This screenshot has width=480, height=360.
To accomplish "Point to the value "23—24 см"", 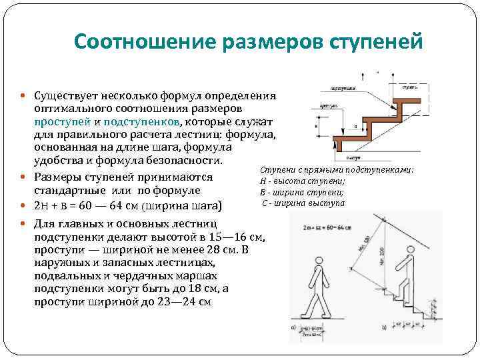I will (186, 301).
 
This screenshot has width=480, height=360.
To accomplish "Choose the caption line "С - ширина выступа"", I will (303, 202).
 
